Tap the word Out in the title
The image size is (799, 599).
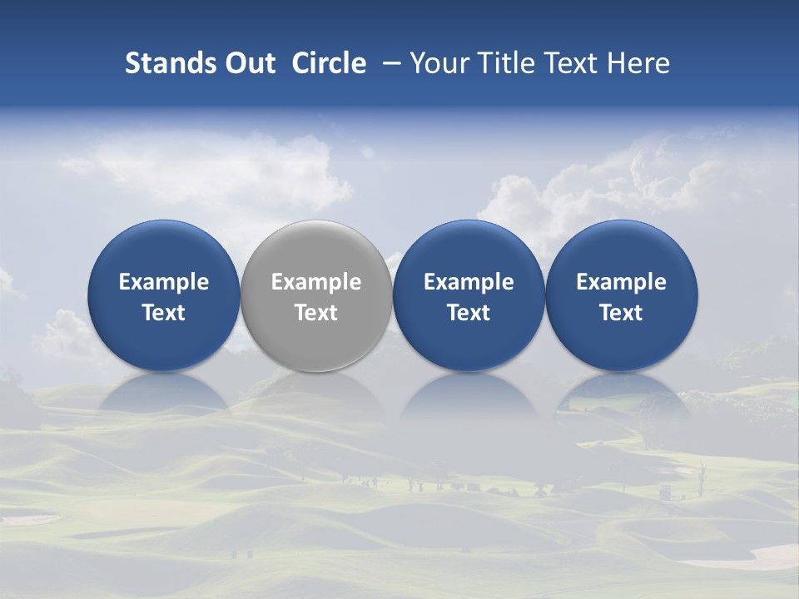(x=248, y=63)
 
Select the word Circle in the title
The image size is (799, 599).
(x=329, y=63)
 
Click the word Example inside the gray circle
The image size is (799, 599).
(x=316, y=282)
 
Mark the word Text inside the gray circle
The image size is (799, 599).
(x=316, y=313)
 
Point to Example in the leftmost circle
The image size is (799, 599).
(x=163, y=282)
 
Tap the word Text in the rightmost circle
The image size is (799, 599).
(x=622, y=313)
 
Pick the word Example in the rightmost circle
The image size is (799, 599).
(x=622, y=282)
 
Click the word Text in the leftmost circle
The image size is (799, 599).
(x=163, y=313)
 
